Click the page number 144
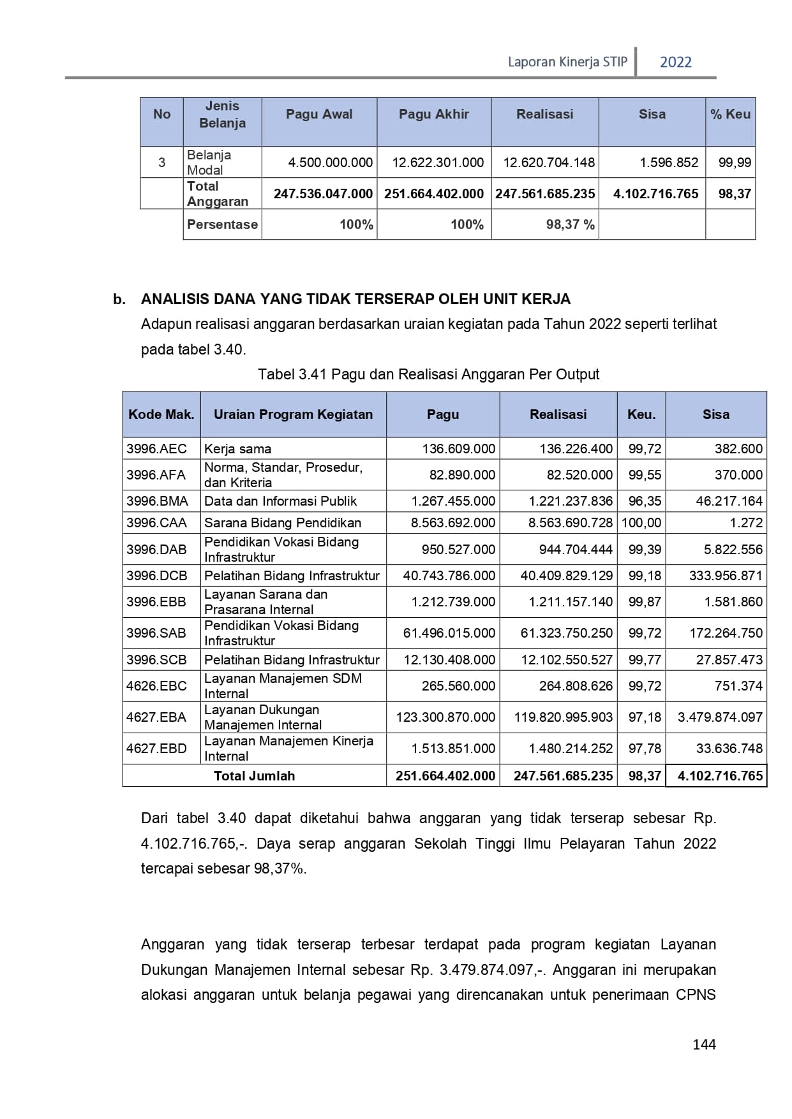point(704,1044)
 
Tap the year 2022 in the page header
point(675,62)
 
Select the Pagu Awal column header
point(319,115)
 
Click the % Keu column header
point(730,115)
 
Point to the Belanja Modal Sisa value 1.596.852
point(669,163)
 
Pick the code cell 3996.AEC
point(156,449)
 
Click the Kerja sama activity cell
point(237,449)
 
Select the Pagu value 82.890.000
point(462,475)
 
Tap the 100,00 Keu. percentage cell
point(641,523)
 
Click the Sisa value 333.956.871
point(726,576)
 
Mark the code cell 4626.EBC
point(156,686)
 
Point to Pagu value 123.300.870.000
point(445,717)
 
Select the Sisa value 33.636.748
point(729,749)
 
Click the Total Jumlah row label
point(254,776)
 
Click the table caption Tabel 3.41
point(428,374)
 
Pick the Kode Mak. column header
point(161,414)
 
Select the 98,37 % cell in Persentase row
point(570,225)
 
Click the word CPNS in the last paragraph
point(696,995)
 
